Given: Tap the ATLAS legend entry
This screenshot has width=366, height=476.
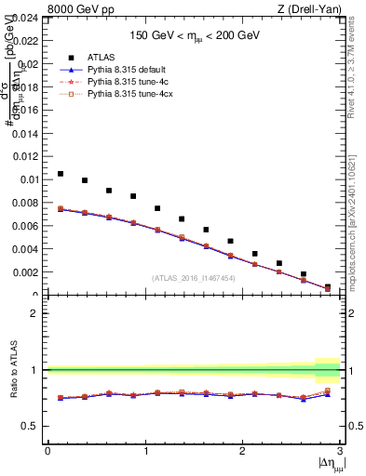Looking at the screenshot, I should tap(101, 57).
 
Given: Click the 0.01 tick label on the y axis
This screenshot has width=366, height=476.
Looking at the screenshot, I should tap(29, 179).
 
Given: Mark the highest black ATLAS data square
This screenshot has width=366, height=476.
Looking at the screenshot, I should tap(61, 174).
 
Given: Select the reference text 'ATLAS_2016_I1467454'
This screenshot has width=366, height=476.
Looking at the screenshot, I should tap(194, 278).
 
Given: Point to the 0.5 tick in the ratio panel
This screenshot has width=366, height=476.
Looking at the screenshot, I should tap(31, 426).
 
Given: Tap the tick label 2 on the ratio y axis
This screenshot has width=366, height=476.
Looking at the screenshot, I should tap(35, 313).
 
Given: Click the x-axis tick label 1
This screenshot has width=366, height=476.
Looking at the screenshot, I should tap(144, 451).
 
